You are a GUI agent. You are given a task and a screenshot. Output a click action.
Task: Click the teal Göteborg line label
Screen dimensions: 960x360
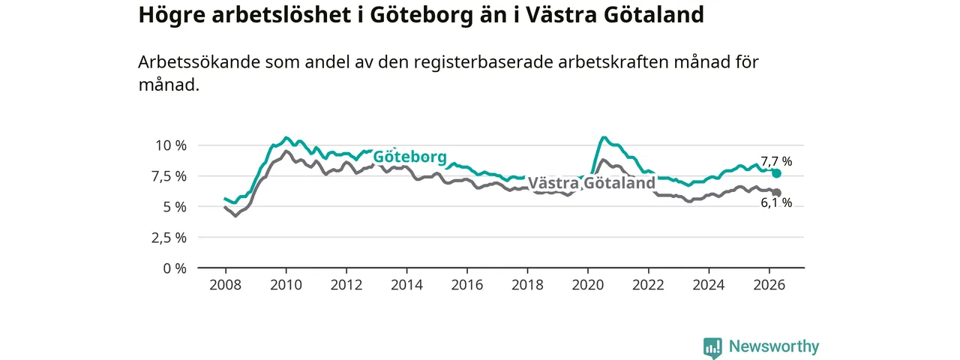(409, 157)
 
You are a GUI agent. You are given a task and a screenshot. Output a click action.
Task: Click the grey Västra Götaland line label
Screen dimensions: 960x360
(592, 183)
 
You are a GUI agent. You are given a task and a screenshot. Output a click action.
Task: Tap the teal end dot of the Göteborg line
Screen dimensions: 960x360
(776, 173)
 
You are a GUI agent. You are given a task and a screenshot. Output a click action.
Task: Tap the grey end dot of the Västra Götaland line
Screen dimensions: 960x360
(776, 193)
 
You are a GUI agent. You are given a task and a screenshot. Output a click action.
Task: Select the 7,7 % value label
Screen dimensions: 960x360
(776, 161)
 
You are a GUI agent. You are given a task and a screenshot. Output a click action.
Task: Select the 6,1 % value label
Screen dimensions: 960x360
(776, 202)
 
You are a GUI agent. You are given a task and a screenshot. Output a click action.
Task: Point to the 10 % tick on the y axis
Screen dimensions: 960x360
(171, 145)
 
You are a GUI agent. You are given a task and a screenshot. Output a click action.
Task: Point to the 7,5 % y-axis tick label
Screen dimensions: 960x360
(169, 176)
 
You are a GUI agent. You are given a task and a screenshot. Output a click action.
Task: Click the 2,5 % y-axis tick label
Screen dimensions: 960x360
(169, 238)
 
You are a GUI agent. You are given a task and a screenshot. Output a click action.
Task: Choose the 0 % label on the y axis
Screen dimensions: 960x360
(175, 268)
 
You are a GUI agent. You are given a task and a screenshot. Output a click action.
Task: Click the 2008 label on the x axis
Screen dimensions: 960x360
(226, 285)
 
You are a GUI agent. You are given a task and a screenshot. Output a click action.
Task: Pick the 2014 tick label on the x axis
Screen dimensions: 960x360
(406, 285)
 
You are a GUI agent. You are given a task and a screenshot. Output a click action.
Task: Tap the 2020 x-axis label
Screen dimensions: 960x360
(588, 285)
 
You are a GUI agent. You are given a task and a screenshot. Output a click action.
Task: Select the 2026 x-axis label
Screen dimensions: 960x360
(769, 285)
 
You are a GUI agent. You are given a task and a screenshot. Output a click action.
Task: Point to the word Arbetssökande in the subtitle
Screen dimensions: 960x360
(199, 62)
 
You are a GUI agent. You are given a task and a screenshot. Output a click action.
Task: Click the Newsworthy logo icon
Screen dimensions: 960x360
(712, 347)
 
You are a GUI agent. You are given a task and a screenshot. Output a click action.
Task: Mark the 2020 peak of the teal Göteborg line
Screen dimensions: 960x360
(604, 137)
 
